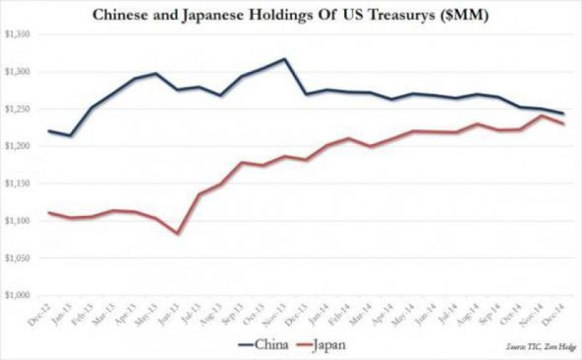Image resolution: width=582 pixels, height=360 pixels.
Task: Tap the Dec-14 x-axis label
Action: [x=560, y=312]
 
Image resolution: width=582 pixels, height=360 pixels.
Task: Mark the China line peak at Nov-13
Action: [x=284, y=59]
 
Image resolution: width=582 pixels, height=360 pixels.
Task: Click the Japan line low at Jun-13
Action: [x=176, y=233]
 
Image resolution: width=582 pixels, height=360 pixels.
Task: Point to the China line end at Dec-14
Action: [x=563, y=114]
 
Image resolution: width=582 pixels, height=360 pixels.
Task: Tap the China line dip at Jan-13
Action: [x=70, y=135]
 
